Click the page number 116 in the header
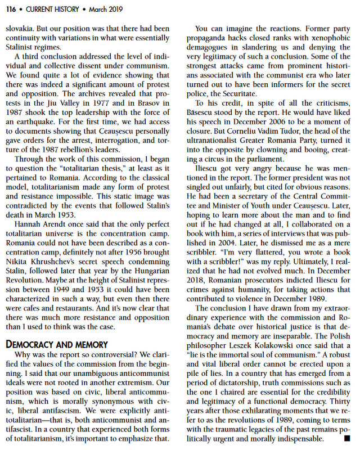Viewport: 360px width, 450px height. pos(12,8)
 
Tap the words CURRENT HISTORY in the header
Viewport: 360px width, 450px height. pos(50,8)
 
